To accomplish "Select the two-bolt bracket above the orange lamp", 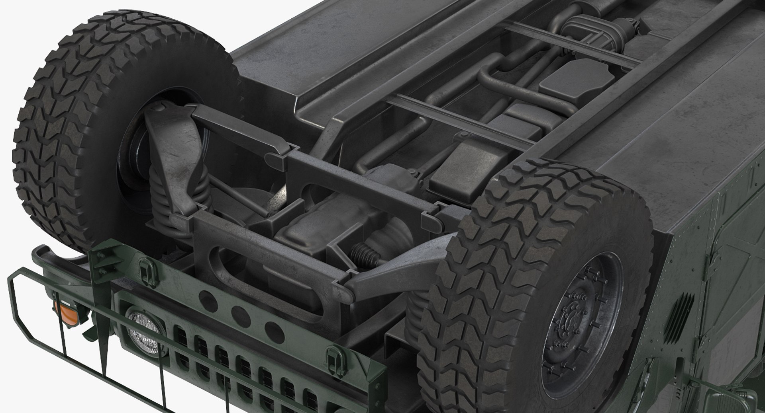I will click(x=102, y=259).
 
